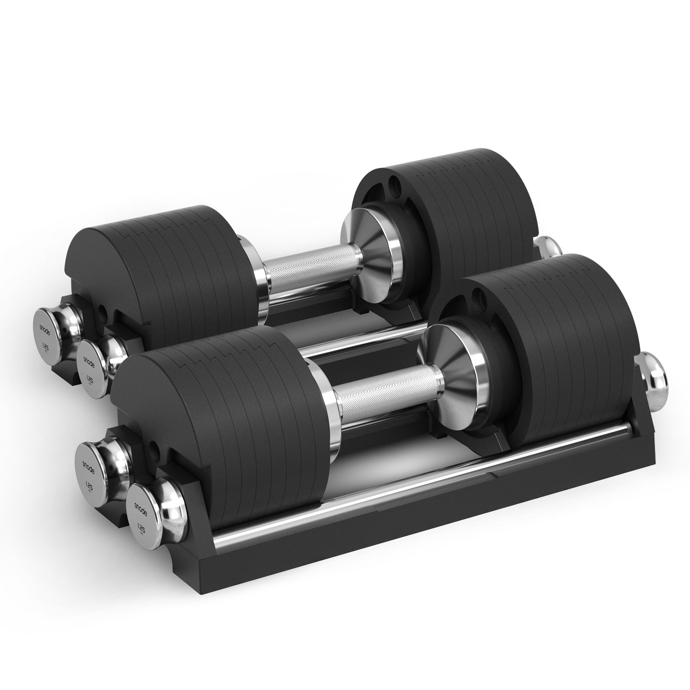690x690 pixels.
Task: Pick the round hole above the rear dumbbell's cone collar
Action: pyautogui.click(x=393, y=183)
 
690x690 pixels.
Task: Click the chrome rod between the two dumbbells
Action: pyautogui.click(x=363, y=341)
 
